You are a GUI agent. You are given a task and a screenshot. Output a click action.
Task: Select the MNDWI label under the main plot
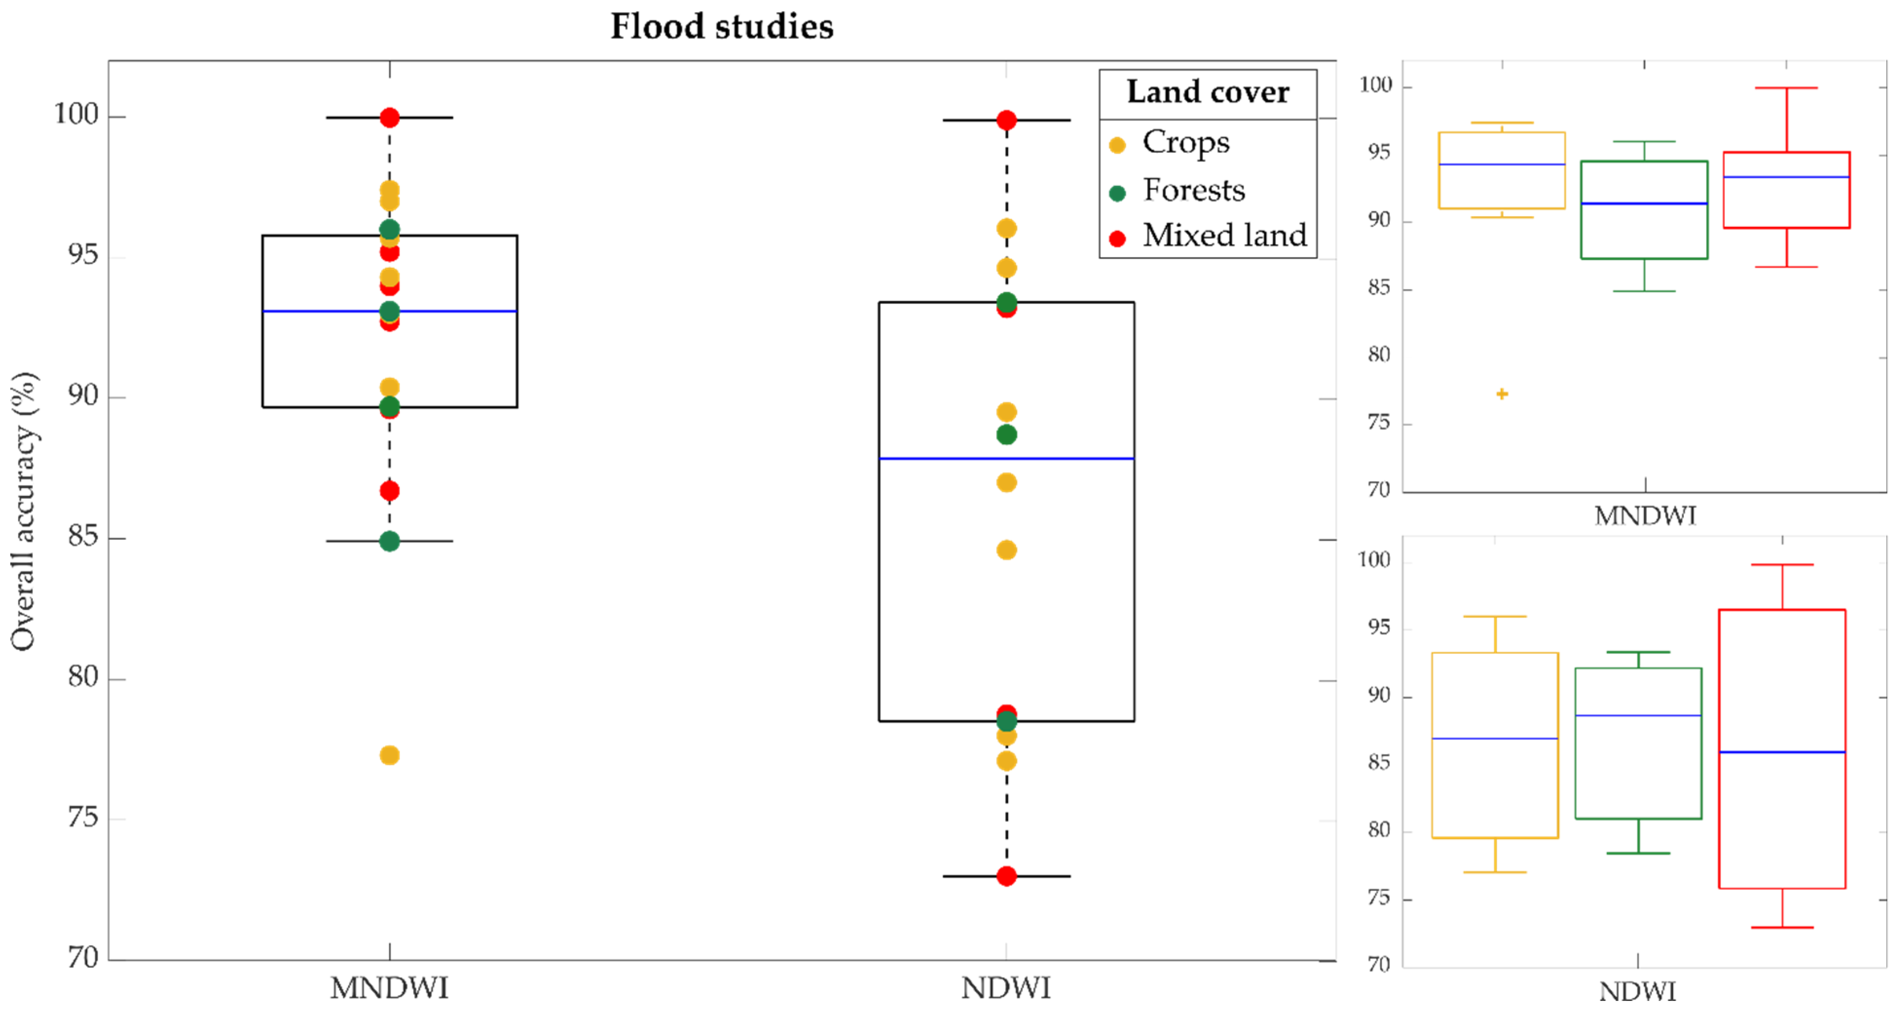(389, 988)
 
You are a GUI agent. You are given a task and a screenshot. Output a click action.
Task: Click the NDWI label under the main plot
(1006, 988)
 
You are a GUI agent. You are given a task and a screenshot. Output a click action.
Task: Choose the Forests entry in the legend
(1194, 190)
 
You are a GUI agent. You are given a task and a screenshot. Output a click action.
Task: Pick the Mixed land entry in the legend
(1224, 236)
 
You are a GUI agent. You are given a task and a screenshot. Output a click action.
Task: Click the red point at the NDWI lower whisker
(1006, 876)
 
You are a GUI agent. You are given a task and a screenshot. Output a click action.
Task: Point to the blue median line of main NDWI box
(1006, 459)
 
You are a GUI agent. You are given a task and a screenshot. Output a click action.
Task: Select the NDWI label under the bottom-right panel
(1637, 992)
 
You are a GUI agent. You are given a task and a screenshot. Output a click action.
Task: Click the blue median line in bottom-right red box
(1782, 752)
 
